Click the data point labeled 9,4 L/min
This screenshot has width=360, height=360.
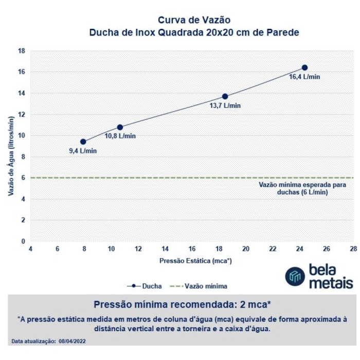pyautogui.click(x=83, y=141)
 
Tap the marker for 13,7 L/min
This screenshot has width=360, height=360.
pyautogui.click(x=225, y=96)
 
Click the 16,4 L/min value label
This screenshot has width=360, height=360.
pyautogui.click(x=304, y=77)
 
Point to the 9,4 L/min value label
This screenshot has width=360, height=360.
pyautogui.click(x=83, y=151)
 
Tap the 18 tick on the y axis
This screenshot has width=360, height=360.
pyautogui.click(x=22, y=51)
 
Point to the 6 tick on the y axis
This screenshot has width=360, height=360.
pyautogui.click(x=23, y=178)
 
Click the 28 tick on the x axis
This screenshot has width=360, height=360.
pyautogui.click(x=353, y=248)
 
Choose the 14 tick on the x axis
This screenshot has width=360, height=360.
pyautogui.click(x=165, y=248)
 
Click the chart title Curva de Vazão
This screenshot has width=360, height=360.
pyautogui.click(x=194, y=20)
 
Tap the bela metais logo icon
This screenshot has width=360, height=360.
pyautogui.click(x=295, y=276)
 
